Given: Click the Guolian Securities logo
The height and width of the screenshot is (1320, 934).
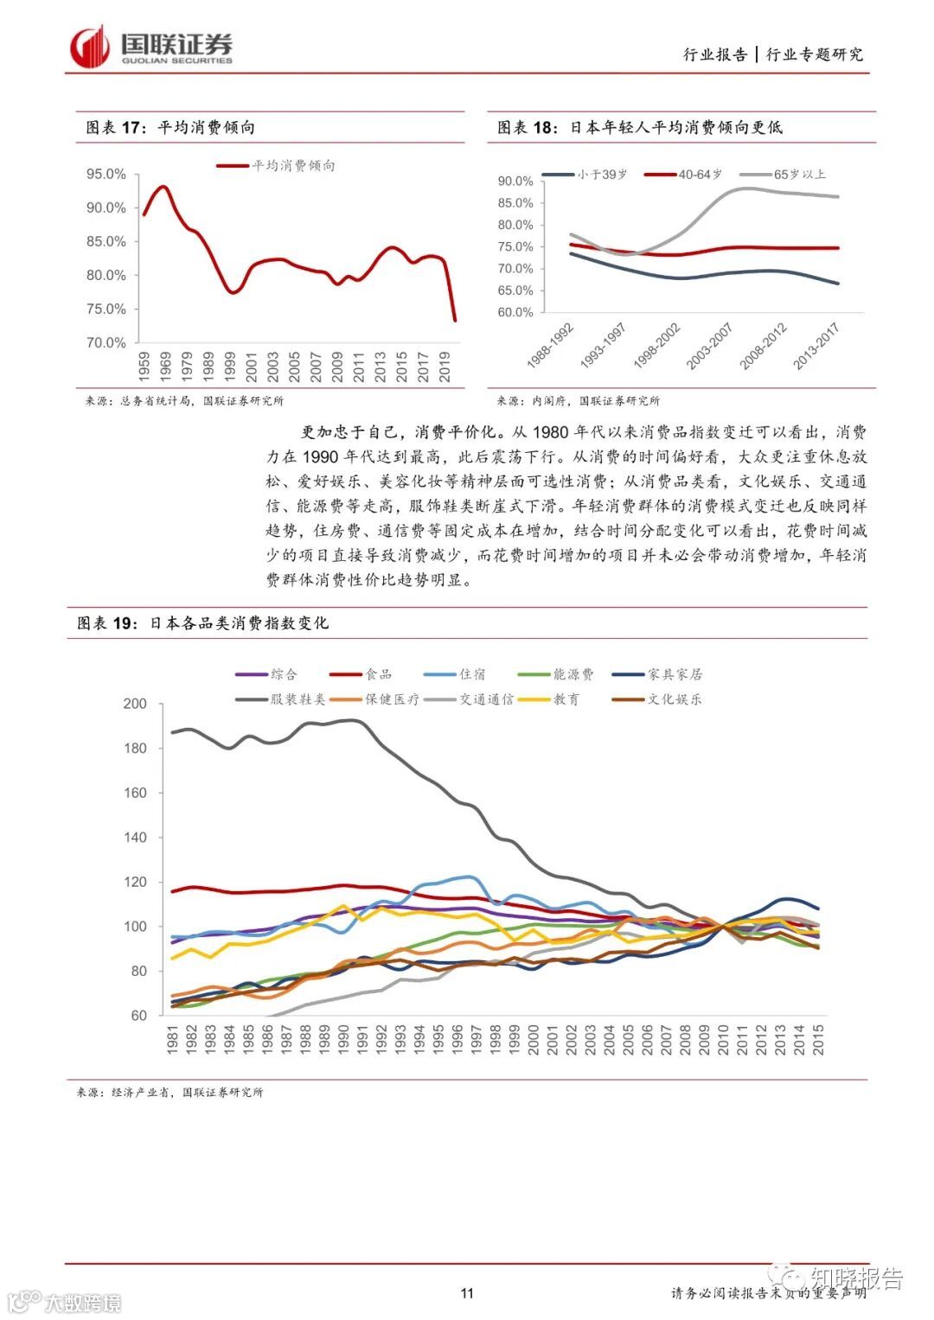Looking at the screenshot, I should (x=151, y=48).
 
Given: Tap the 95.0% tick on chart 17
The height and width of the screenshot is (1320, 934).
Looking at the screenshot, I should (x=106, y=175).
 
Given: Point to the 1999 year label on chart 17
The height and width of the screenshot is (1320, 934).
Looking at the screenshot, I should (x=229, y=367).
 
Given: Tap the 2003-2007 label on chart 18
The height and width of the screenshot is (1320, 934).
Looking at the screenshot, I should (x=710, y=346).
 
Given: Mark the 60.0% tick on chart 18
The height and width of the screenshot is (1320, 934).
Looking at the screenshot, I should (x=515, y=313).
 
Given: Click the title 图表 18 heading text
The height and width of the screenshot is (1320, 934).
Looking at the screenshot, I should (x=639, y=127).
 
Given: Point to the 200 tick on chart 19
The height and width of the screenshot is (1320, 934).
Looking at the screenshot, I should (x=136, y=704).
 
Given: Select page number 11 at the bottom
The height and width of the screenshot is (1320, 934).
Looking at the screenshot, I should (x=467, y=1293).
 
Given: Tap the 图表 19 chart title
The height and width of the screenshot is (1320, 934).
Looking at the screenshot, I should (x=202, y=623).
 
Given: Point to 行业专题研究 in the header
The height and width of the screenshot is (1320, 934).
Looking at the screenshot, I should (x=815, y=54).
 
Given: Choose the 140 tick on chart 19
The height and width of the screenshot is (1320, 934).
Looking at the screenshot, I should (x=136, y=838).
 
